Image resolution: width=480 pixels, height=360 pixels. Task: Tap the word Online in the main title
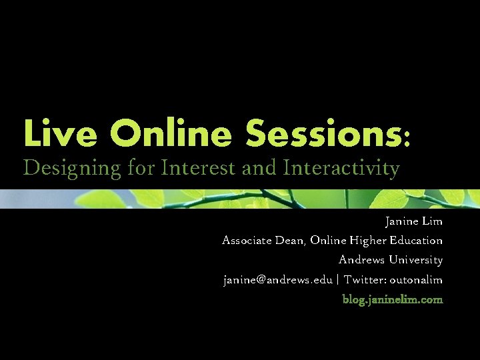(x=172, y=133)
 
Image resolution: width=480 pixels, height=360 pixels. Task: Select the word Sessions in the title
(x=323, y=133)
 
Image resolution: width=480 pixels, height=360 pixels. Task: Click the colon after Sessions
(x=407, y=138)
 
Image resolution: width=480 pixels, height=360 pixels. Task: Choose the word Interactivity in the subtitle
(x=341, y=169)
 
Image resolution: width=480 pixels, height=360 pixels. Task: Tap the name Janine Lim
(x=413, y=221)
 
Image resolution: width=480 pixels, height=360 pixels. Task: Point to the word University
(x=417, y=260)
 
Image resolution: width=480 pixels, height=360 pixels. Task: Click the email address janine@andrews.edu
(x=277, y=279)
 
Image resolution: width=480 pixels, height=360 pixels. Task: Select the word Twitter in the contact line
(x=366, y=279)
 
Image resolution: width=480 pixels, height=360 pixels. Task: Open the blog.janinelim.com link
(x=392, y=299)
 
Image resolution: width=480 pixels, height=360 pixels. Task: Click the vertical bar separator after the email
(x=338, y=279)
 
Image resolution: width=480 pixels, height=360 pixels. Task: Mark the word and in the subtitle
(x=259, y=167)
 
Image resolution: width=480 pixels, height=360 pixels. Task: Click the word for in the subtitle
(x=141, y=167)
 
